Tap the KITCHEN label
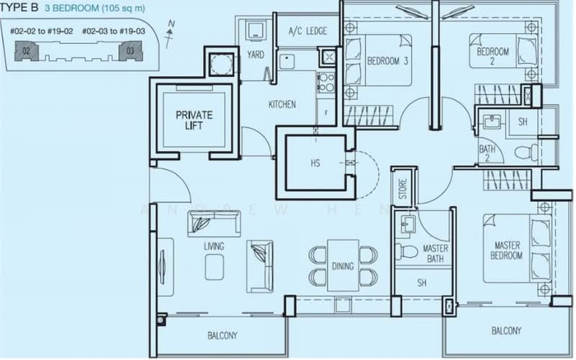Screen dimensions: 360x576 click(282, 104)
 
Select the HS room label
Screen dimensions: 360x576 click(315, 163)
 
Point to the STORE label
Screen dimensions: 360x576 click(402, 189)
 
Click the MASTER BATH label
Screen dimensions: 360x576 click(436, 253)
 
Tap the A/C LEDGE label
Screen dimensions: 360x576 click(307, 31)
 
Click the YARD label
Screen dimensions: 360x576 click(255, 55)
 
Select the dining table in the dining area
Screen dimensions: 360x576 click(343, 266)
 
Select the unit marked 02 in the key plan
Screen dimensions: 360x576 click(26, 51)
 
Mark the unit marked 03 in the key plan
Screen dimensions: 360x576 click(130, 51)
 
